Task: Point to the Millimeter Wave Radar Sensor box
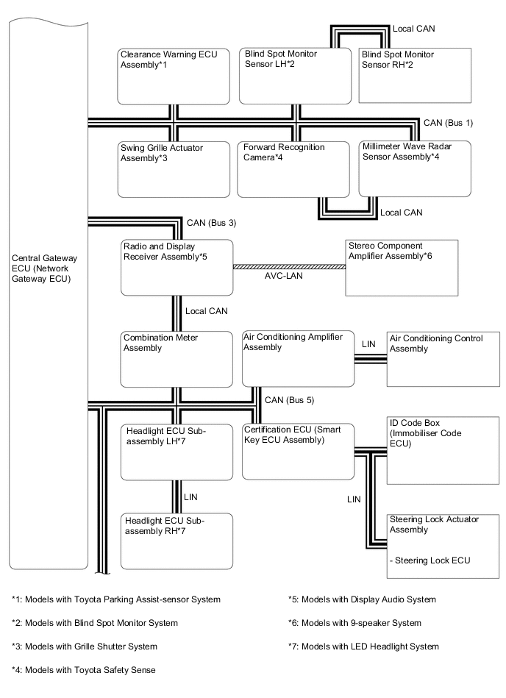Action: (x=415, y=168)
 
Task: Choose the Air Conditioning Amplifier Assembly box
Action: (x=298, y=359)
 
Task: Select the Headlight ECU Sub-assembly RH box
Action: (x=177, y=541)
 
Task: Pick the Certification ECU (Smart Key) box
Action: (x=298, y=451)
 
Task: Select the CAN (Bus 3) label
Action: (x=211, y=222)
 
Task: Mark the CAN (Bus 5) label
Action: (x=289, y=400)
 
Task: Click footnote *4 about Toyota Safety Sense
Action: (x=84, y=669)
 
